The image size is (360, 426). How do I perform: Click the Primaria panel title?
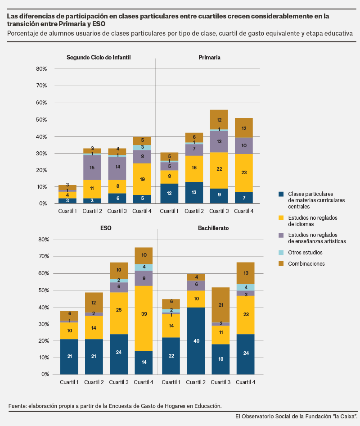[x=209, y=57]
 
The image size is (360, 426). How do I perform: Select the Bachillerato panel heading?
[x=213, y=228]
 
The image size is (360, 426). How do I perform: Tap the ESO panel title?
[x=106, y=228]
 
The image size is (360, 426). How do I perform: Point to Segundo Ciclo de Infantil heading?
[x=99, y=57]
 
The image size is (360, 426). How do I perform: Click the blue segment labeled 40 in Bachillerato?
[x=196, y=341]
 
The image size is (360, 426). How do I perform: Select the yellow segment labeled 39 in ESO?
[x=144, y=318]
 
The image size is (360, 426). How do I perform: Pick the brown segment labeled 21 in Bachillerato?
[x=220, y=305]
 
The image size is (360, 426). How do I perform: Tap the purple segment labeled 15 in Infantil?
[x=92, y=168]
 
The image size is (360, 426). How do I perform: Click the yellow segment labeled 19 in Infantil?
[x=142, y=179]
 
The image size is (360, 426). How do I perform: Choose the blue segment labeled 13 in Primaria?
[x=194, y=192]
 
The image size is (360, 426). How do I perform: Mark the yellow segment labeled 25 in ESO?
[x=119, y=313]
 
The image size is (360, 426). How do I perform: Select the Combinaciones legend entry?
[x=302, y=263]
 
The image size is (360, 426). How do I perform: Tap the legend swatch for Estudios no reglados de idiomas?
[x=281, y=218]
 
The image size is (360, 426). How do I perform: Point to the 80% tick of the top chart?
[x=41, y=69]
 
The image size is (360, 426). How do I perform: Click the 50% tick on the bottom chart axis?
[x=44, y=290]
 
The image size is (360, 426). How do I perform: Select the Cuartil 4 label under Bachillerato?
[x=245, y=382]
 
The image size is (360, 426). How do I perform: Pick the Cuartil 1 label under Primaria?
[x=169, y=211]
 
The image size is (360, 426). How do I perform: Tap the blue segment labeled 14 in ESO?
[x=144, y=363]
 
